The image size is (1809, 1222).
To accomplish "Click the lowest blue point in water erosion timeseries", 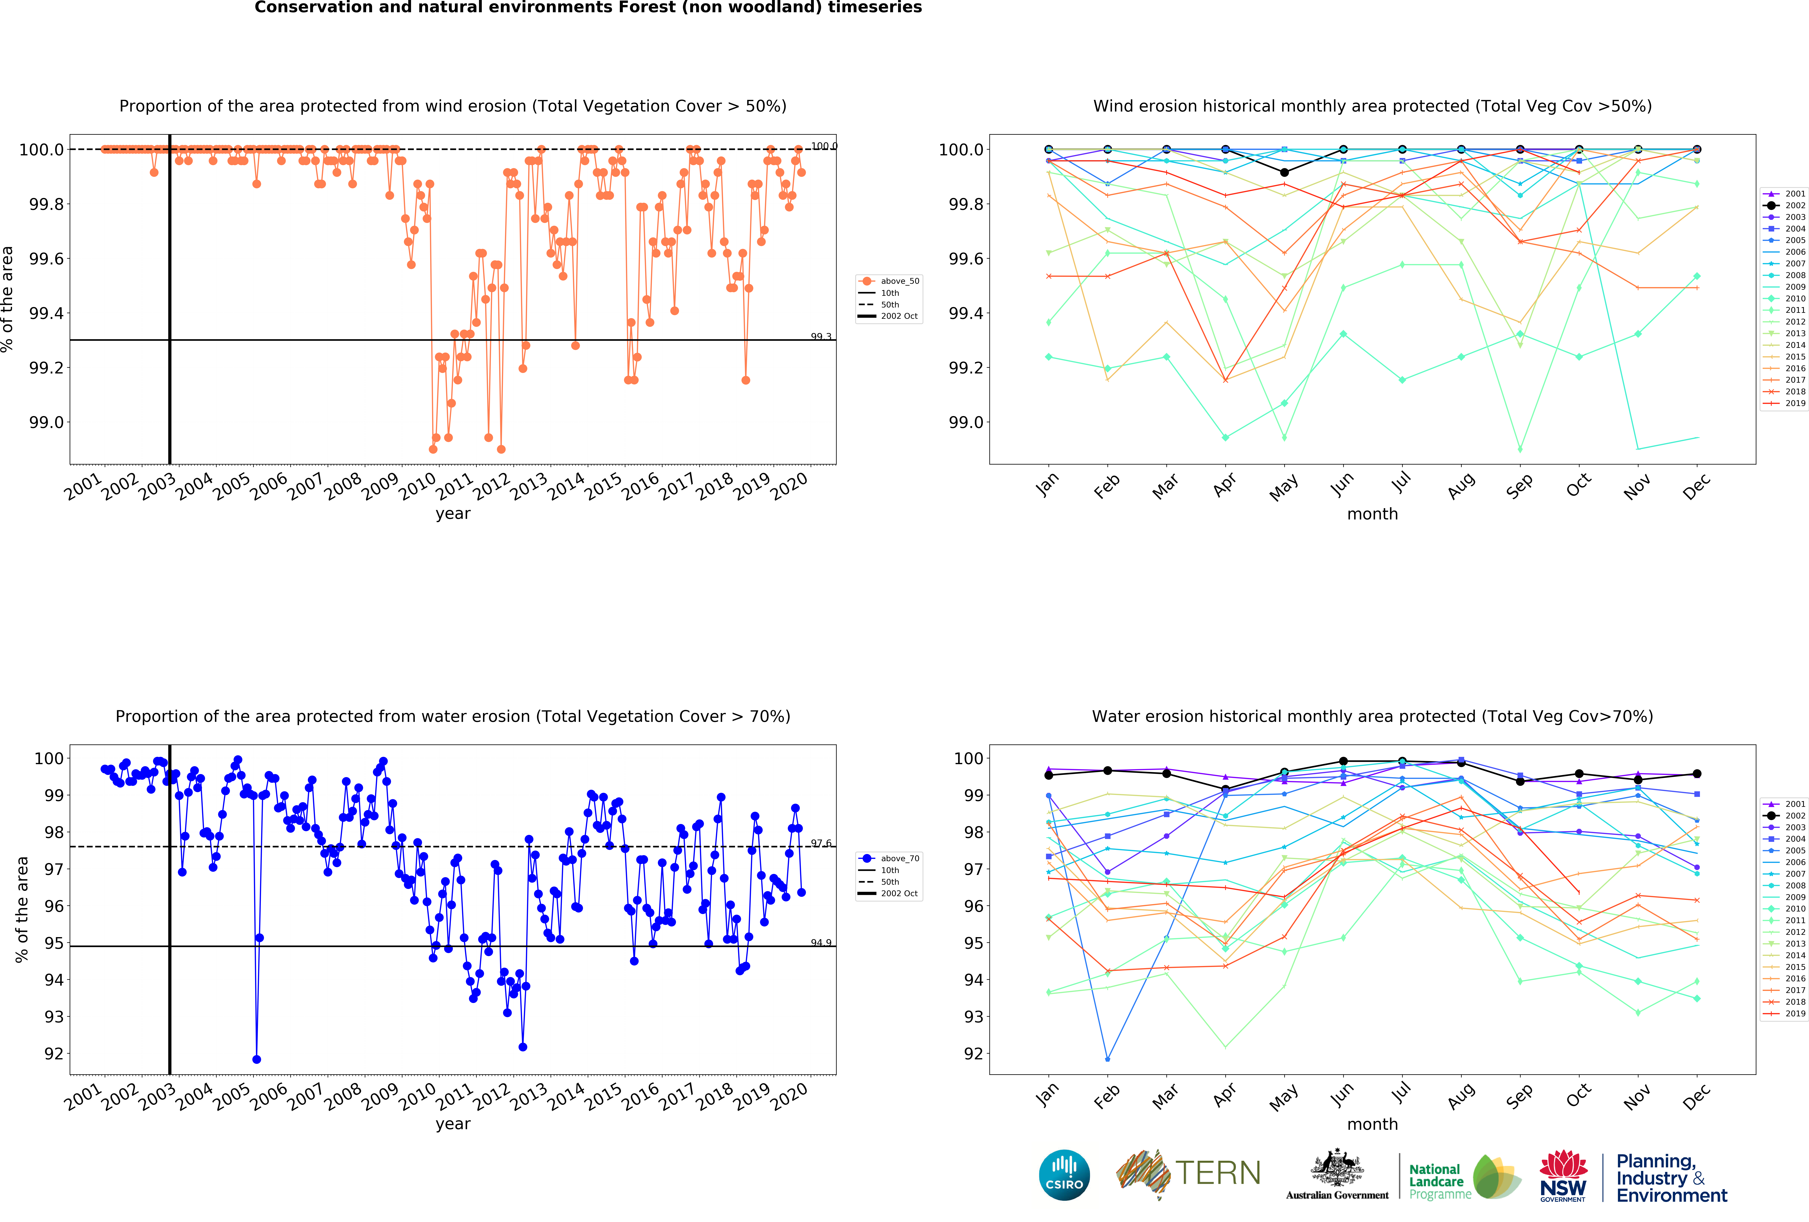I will [x=257, y=1059].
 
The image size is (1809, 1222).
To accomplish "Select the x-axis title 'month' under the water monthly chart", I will [x=1372, y=1124].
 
